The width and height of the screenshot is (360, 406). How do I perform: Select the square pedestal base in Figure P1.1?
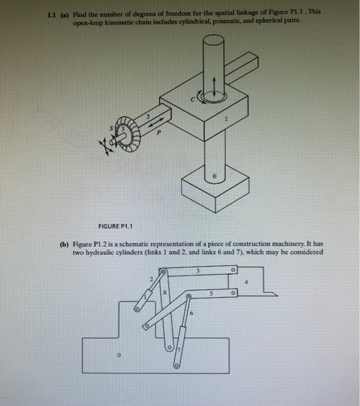coord(213,191)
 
